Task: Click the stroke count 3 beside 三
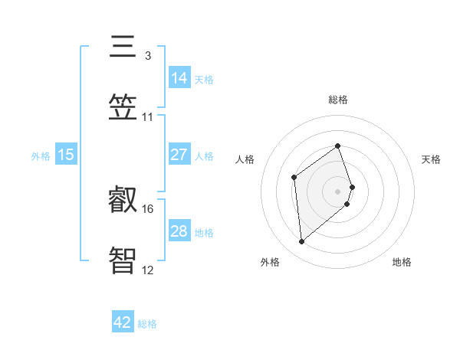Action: tap(147, 55)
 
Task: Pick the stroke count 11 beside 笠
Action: tap(148, 116)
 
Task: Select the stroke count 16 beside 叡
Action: tap(148, 208)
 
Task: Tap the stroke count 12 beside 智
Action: tap(148, 269)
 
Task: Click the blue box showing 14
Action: tap(179, 77)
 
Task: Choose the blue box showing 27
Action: tap(179, 155)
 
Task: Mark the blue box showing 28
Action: tap(179, 231)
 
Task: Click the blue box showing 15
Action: tap(66, 155)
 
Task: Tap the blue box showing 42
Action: tap(123, 322)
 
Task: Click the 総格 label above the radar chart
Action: tap(338, 100)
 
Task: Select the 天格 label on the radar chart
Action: tap(432, 159)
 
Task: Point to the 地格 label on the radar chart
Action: tap(402, 262)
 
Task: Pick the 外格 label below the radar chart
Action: tap(270, 262)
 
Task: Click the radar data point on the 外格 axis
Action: tap(301, 242)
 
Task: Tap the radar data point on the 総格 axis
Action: tap(338, 146)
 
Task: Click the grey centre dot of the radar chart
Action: tap(338, 190)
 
